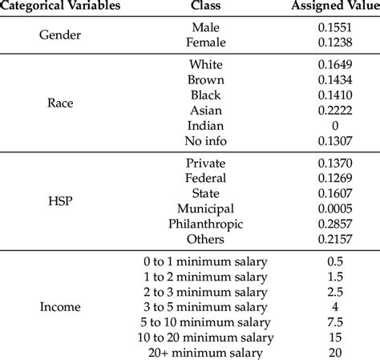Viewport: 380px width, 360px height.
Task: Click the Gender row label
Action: pos(61,34)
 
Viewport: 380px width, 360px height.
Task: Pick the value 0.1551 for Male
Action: pos(335,26)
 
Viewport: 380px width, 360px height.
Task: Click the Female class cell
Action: pos(206,41)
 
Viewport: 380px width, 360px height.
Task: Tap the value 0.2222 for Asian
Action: pos(335,110)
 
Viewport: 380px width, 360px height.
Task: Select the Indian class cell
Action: pos(206,125)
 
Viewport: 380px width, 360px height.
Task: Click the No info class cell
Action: pos(206,140)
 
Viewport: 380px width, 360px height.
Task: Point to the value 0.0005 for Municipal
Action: pos(335,208)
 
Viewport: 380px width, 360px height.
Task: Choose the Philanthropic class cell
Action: pos(206,224)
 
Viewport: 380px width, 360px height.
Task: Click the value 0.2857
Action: pos(335,224)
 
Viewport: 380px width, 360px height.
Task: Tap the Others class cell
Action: pos(206,239)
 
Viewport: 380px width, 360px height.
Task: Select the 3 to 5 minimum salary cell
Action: pos(206,306)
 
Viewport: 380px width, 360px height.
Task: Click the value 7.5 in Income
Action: pos(335,322)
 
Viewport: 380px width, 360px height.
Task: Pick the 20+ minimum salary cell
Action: pos(206,352)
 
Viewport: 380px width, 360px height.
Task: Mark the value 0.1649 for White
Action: pos(335,64)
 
